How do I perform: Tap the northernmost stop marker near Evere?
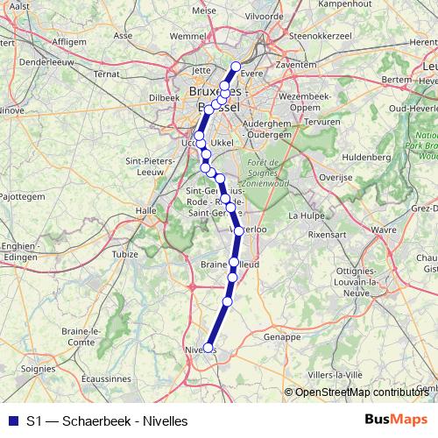coord(235,67)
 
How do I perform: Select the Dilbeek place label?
coord(164,97)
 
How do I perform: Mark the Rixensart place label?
coord(328,235)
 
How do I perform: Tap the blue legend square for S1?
coord(12,420)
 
